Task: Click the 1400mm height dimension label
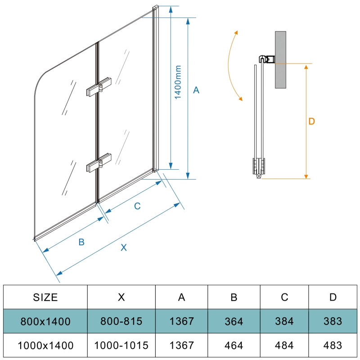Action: [x=178, y=82]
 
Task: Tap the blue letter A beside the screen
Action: [x=196, y=90]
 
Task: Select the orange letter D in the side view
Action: [x=311, y=121]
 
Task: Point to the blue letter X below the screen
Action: [x=124, y=247]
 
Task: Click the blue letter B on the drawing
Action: [x=81, y=242]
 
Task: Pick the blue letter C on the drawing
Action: [x=138, y=206]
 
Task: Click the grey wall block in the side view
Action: [x=280, y=59]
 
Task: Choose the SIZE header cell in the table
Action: [x=45, y=297]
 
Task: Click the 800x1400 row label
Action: [x=45, y=321]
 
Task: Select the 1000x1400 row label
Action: [x=45, y=346]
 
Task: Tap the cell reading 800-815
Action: [x=121, y=321]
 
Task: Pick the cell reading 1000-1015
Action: [x=121, y=346]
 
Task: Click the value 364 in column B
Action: [x=234, y=321]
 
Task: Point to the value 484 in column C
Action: [x=284, y=346]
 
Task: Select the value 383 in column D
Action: [x=333, y=321]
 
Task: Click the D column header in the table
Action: [x=333, y=297]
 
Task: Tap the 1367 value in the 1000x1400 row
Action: [x=181, y=346]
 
